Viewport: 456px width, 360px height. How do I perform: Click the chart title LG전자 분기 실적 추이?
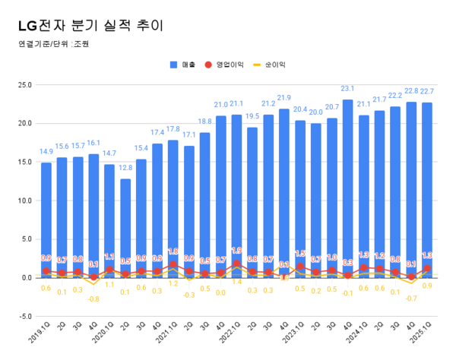(x=89, y=25)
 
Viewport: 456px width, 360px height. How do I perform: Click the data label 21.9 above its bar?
(x=284, y=98)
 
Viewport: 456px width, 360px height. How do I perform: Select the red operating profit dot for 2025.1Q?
(x=427, y=268)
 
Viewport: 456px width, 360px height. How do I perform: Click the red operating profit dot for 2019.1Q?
(x=46, y=270)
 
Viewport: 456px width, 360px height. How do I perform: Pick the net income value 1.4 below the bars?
(x=236, y=282)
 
